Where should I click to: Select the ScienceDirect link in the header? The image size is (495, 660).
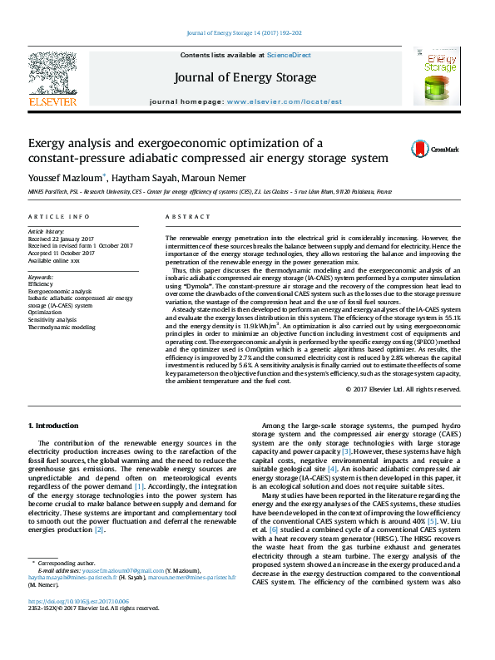tap(289, 55)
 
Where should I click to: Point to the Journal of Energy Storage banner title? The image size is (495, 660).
tap(245, 78)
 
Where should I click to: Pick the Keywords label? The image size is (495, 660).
tap(41, 276)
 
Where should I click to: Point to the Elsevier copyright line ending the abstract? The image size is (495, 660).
tap(406, 389)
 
